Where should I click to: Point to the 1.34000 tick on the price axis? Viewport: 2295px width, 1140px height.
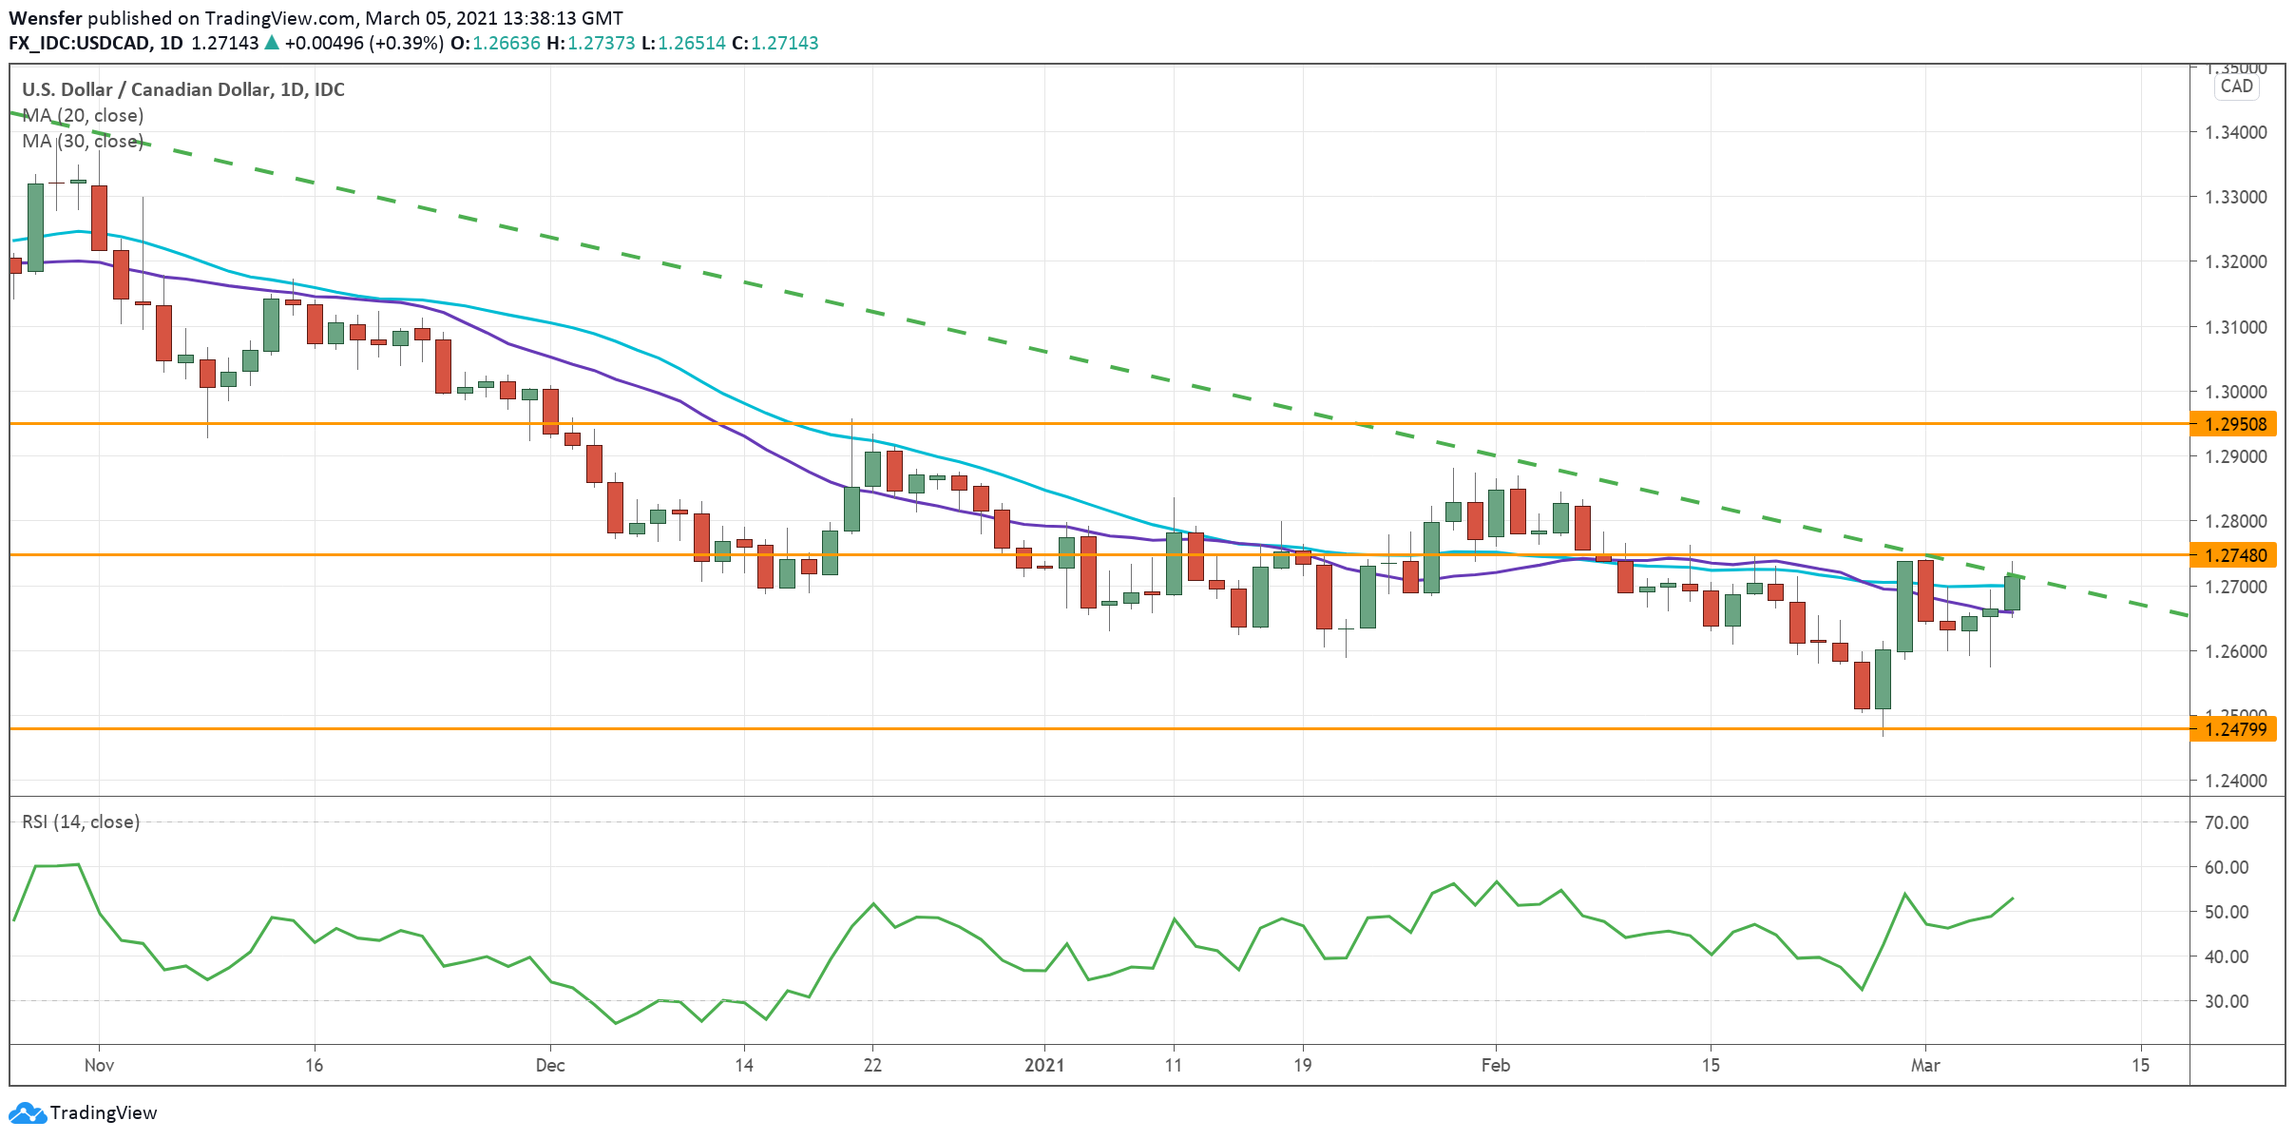point(2235,132)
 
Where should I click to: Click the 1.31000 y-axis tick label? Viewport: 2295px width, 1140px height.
point(2235,327)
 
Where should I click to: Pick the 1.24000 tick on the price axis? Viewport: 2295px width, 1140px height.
point(2235,781)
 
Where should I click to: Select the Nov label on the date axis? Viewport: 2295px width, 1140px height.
point(99,1065)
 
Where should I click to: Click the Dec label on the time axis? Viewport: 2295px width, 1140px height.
point(550,1065)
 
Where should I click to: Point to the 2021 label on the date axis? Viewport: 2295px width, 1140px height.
point(1044,1065)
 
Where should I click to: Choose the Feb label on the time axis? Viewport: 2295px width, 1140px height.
point(1496,1065)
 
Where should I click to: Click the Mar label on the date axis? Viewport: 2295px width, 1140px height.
point(1925,1065)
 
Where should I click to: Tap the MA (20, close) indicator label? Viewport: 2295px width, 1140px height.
point(84,115)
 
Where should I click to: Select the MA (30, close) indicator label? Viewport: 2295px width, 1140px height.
point(84,141)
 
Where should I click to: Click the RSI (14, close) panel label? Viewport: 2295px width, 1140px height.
point(81,821)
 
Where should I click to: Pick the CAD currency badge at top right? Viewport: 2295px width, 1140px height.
point(2236,87)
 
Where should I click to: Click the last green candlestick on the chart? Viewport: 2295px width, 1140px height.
point(2012,592)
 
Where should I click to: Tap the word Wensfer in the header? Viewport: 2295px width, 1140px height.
point(46,18)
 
